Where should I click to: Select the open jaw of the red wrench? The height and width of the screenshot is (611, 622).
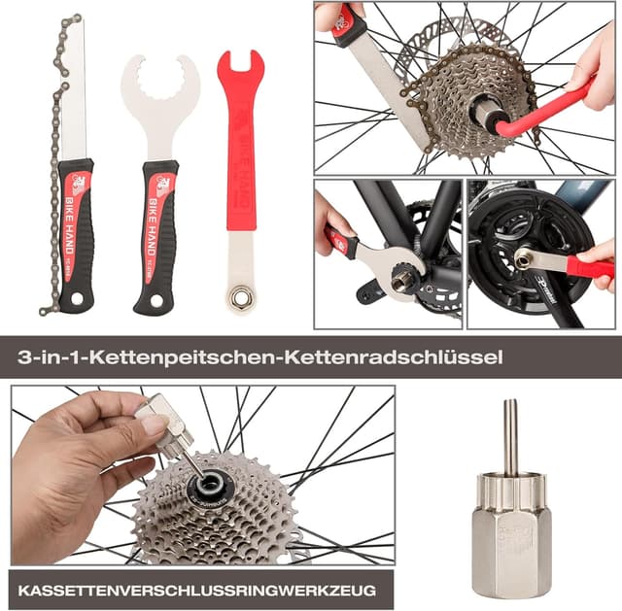click(x=239, y=69)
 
